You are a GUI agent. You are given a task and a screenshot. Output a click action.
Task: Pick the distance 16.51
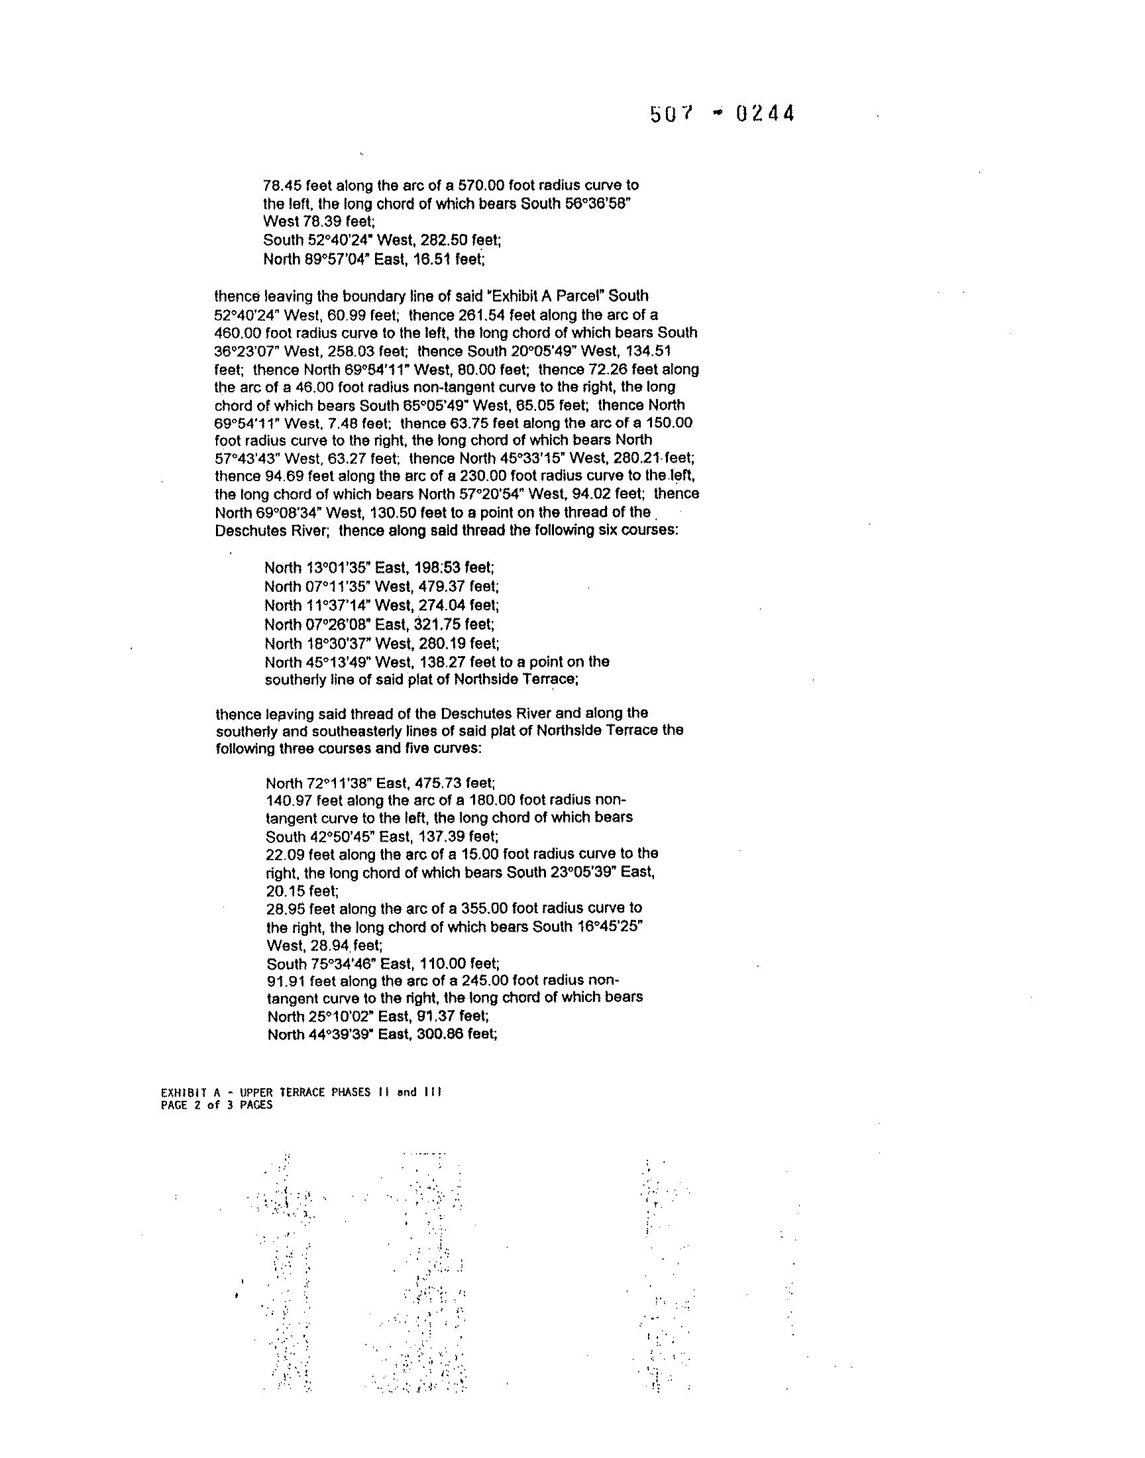pyautogui.click(x=433, y=258)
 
